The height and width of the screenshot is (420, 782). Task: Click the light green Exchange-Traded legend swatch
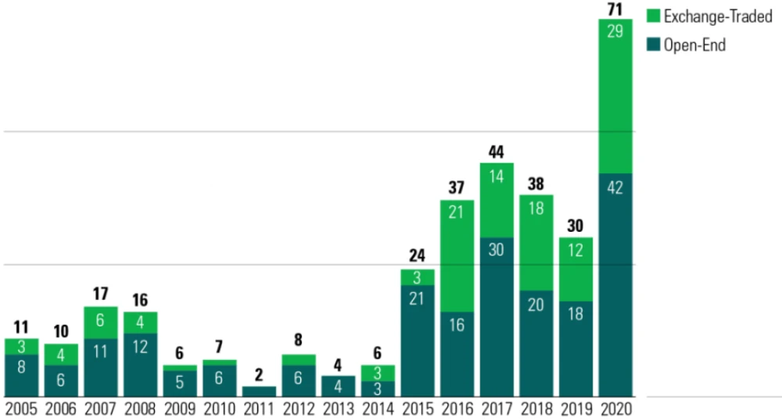point(654,16)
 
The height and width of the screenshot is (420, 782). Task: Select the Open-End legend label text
point(694,45)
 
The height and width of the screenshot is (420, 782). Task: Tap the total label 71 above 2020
point(615,9)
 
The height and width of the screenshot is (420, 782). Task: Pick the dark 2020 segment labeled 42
point(615,284)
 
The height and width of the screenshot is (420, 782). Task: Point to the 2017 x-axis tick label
point(497,409)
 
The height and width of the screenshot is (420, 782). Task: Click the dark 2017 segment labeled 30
point(497,316)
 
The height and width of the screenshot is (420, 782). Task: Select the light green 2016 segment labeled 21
point(457,256)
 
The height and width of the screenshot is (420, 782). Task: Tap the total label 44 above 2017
point(497,152)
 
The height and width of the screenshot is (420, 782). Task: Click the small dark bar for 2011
point(259,391)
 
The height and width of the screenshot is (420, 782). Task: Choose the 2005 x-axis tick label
point(22,409)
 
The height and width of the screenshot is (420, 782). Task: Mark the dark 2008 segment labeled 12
point(141,365)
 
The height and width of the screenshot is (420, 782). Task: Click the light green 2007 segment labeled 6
point(101,322)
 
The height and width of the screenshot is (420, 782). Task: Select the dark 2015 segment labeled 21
point(418,340)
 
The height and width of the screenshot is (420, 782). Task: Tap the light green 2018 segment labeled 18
point(536,242)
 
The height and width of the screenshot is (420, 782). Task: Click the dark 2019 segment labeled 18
point(576,348)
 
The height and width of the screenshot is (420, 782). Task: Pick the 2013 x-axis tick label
point(338,409)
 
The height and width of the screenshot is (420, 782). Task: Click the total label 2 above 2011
point(259,376)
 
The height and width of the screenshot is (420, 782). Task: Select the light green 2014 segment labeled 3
point(378,372)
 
